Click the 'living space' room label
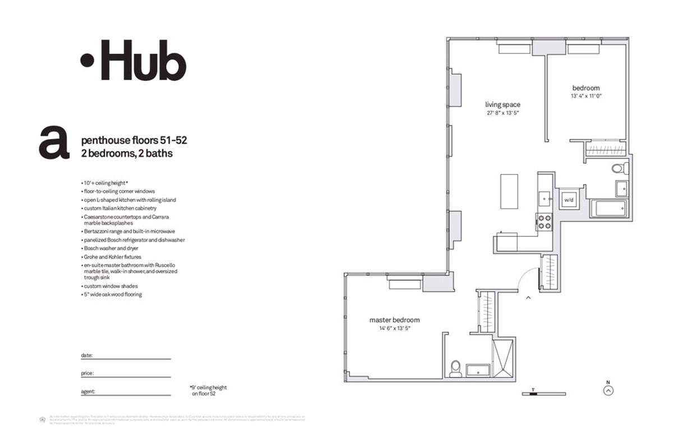point(503,104)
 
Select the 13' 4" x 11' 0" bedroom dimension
point(586,96)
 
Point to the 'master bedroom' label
point(394,320)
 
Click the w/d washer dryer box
point(568,200)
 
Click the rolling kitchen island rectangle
point(509,191)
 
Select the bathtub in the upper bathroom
point(610,209)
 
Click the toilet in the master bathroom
point(456,368)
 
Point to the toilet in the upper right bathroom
point(618,168)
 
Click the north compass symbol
point(609,391)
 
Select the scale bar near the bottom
point(533,394)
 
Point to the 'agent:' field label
point(88,391)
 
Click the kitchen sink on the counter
point(545,198)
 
